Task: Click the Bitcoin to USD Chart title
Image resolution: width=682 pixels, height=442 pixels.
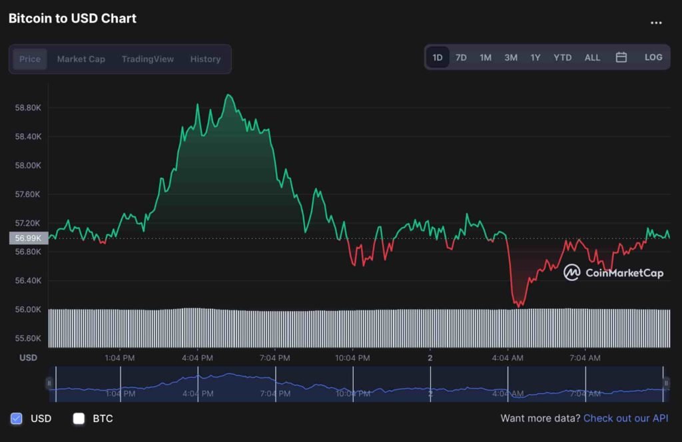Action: click(73, 19)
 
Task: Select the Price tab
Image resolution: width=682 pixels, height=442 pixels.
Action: click(30, 59)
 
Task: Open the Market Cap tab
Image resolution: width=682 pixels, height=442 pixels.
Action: click(81, 59)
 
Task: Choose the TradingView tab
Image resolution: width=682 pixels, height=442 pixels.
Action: click(147, 59)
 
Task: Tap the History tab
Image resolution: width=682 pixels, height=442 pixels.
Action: click(205, 59)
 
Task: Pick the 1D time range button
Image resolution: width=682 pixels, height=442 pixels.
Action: click(438, 57)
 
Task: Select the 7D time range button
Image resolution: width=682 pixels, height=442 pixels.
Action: click(461, 57)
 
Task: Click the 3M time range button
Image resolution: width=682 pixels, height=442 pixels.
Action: click(511, 57)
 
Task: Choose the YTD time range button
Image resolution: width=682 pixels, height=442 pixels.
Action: click(562, 57)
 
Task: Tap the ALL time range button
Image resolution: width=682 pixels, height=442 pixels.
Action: click(592, 57)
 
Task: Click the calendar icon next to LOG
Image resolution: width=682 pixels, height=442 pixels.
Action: click(621, 57)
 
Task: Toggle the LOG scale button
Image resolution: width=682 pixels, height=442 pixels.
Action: click(653, 57)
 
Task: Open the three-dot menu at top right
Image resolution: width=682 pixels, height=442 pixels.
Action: click(656, 23)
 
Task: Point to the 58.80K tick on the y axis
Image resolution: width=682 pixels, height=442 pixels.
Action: click(28, 107)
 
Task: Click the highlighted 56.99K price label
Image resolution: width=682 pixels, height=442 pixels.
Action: click(28, 238)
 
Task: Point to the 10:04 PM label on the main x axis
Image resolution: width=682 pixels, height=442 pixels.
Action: click(352, 358)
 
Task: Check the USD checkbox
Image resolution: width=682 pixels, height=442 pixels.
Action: click(17, 419)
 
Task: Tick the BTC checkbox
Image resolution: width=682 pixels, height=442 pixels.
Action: click(79, 419)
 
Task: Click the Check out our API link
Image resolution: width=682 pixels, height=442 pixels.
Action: click(625, 419)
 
